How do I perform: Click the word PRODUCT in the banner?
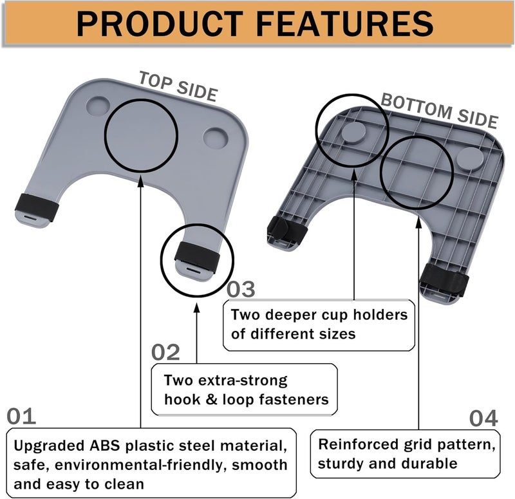[160, 24]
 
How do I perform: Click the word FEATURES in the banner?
[344, 24]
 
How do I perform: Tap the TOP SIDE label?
[178, 86]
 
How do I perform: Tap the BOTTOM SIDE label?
[440, 111]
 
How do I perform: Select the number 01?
[21, 416]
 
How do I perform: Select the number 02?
[165, 352]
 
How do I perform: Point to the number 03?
[241, 289]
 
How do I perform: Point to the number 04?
[483, 418]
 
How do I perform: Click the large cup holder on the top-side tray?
[216, 137]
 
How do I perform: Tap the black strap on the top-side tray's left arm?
[37, 207]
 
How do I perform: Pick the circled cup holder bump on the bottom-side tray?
[353, 131]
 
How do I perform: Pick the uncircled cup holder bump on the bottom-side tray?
[470, 158]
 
